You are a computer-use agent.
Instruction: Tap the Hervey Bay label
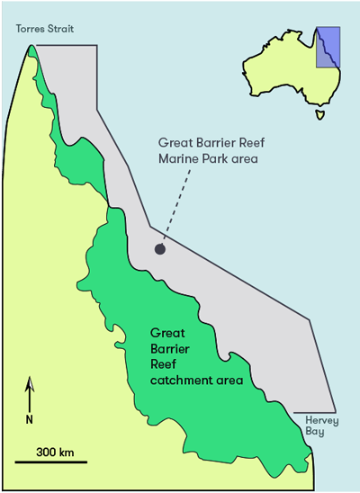(x=320, y=426)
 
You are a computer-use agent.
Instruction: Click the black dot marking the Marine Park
(x=159, y=249)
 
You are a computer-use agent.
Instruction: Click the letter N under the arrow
(x=30, y=419)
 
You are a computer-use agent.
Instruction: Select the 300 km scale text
(x=55, y=451)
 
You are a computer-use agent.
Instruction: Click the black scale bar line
(x=49, y=462)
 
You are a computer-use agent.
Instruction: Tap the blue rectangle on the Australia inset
(x=328, y=47)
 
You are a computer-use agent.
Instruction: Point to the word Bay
(x=313, y=432)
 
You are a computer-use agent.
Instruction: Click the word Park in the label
(x=217, y=160)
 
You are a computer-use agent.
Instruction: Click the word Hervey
(x=320, y=419)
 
